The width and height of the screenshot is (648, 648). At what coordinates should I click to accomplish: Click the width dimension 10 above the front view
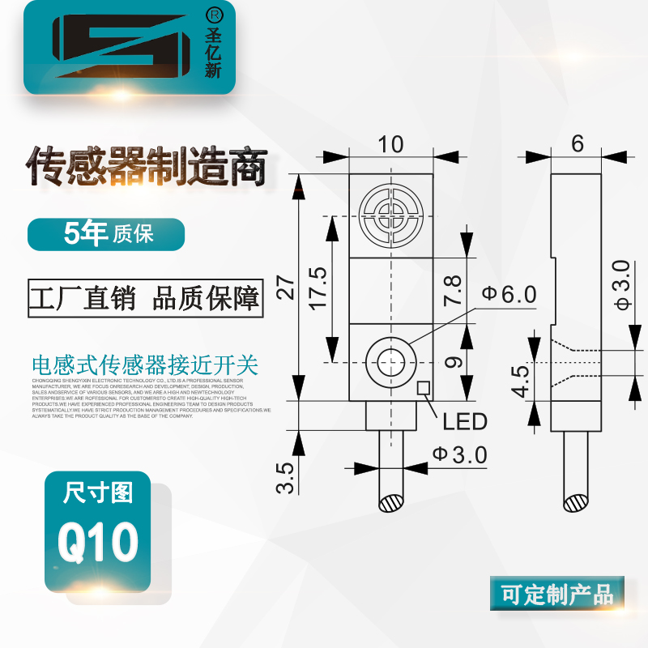[390, 145]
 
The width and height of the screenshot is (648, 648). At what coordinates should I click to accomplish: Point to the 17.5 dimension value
[317, 287]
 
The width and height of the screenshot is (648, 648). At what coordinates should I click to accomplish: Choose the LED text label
[465, 421]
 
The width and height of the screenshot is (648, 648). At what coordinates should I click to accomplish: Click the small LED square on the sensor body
[423, 388]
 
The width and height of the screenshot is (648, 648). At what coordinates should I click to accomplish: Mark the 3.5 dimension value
[285, 478]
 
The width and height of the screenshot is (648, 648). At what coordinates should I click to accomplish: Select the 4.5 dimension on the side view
[519, 381]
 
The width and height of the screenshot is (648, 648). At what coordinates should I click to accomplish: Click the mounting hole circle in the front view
[390, 362]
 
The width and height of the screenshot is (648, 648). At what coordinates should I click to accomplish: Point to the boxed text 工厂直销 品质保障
[146, 298]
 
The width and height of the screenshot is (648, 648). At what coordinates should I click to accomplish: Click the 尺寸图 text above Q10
[98, 492]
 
